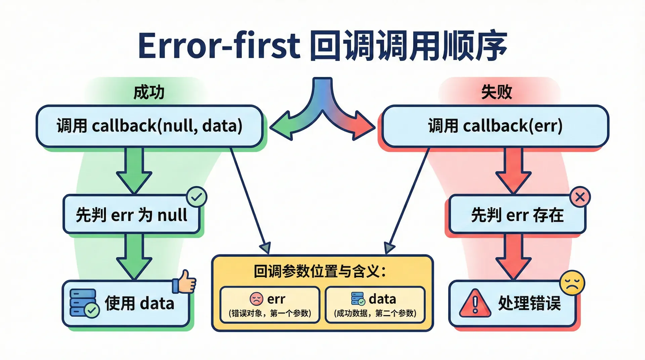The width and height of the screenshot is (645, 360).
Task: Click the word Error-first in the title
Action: (219, 46)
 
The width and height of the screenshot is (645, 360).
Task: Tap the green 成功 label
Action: (149, 92)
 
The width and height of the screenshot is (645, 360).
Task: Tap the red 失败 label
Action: (497, 92)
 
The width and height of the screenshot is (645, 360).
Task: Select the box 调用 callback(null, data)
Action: (149, 126)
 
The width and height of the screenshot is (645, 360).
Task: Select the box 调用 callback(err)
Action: (495, 126)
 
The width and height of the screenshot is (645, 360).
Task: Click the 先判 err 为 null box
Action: (131, 214)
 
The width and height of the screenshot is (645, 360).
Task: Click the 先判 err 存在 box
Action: (517, 214)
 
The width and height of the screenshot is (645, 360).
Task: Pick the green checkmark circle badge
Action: (197, 197)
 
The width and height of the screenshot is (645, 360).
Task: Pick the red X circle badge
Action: (580, 197)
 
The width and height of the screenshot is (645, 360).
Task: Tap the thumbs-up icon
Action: (184, 282)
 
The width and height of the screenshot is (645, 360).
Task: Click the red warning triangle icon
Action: (475, 303)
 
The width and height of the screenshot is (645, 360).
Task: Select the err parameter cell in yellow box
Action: (270, 305)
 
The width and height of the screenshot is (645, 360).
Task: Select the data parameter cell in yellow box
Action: (375, 305)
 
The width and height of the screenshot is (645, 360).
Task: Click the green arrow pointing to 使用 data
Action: (134, 257)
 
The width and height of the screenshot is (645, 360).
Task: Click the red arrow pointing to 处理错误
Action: (513, 257)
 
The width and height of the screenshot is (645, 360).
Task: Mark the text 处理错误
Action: (529, 303)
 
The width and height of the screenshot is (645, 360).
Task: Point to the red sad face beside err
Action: (256, 299)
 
